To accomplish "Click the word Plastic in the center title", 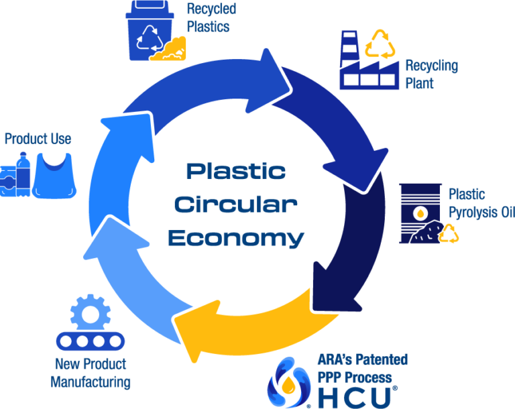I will [x=235, y=171].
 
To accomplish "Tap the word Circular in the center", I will [x=235, y=204].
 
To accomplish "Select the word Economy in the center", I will [x=235, y=237].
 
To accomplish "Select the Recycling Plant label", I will [x=431, y=74].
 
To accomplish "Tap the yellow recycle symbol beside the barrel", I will [x=449, y=233].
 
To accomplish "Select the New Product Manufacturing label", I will [x=91, y=373].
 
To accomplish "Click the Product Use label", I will [x=38, y=139].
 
